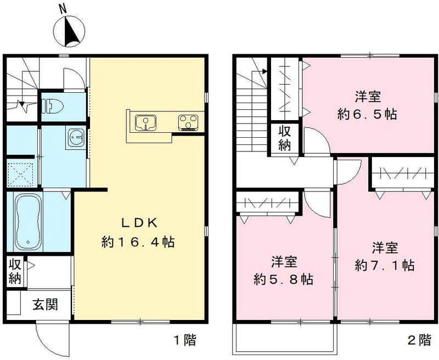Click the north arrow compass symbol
pyautogui.click(x=69, y=32)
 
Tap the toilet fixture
pyautogui.click(x=53, y=105)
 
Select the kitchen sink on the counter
pyautogui.click(x=145, y=122)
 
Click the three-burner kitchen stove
pyautogui.click(x=188, y=122)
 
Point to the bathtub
pyautogui.click(x=28, y=222)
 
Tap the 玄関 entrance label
pyautogui.click(x=46, y=304)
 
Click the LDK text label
pyautogui.click(x=139, y=223)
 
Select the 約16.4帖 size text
pyautogui.click(x=138, y=242)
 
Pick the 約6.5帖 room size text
pyautogui.click(x=367, y=114)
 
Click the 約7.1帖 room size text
pyautogui.click(x=385, y=265)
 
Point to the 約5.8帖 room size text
pyautogui.click(x=283, y=279)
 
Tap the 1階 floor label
pyautogui.click(x=185, y=340)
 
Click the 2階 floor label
pyautogui.click(x=419, y=340)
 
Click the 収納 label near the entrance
pyautogui.click(x=15, y=272)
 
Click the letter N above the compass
pyautogui.click(x=63, y=9)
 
